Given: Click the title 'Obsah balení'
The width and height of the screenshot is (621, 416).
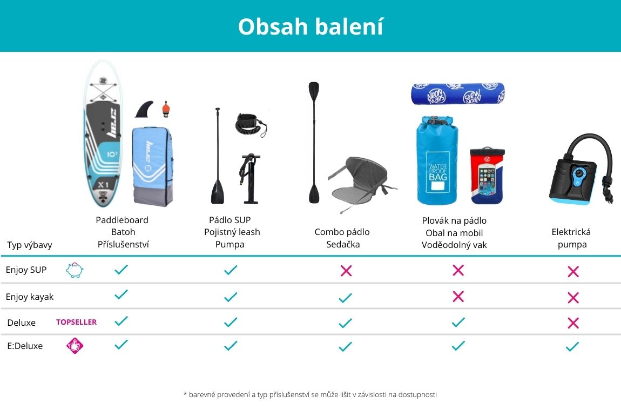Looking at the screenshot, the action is (x=310, y=26).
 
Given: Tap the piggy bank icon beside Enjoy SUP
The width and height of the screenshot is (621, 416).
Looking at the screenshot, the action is (x=75, y=270).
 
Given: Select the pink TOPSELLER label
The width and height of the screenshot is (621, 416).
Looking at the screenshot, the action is (x=77, y=322).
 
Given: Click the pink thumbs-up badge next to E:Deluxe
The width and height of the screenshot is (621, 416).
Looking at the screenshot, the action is (x=75, y=345).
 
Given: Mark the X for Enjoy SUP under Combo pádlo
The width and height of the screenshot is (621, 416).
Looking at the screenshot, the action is (x=346, y=271).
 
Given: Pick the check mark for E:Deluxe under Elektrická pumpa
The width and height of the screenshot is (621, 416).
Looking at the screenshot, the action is (x=572, y=347).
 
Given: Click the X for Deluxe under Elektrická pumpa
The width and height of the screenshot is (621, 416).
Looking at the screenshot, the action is (x=573, y=323).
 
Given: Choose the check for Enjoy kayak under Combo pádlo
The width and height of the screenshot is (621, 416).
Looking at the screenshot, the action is (x=346, y=298).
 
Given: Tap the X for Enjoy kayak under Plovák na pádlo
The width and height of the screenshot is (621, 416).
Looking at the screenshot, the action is (x=458, y=297).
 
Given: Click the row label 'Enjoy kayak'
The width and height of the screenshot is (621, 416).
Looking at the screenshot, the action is (x=30, y=297).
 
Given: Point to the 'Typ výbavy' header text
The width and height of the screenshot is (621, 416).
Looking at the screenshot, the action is (x=30, y=245).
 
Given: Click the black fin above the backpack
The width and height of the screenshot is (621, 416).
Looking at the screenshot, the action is (x=145, y=109).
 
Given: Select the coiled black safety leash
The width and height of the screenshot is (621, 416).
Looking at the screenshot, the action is (x=251, y=125).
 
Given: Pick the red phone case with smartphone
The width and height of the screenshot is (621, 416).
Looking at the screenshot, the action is (x=487, y=176).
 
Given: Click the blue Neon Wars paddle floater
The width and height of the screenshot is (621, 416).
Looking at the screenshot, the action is (x=458, y=93).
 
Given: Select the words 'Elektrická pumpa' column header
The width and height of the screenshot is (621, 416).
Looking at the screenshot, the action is (x=571, y=238).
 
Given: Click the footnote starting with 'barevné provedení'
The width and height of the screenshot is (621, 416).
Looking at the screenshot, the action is (x=310, y=394).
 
